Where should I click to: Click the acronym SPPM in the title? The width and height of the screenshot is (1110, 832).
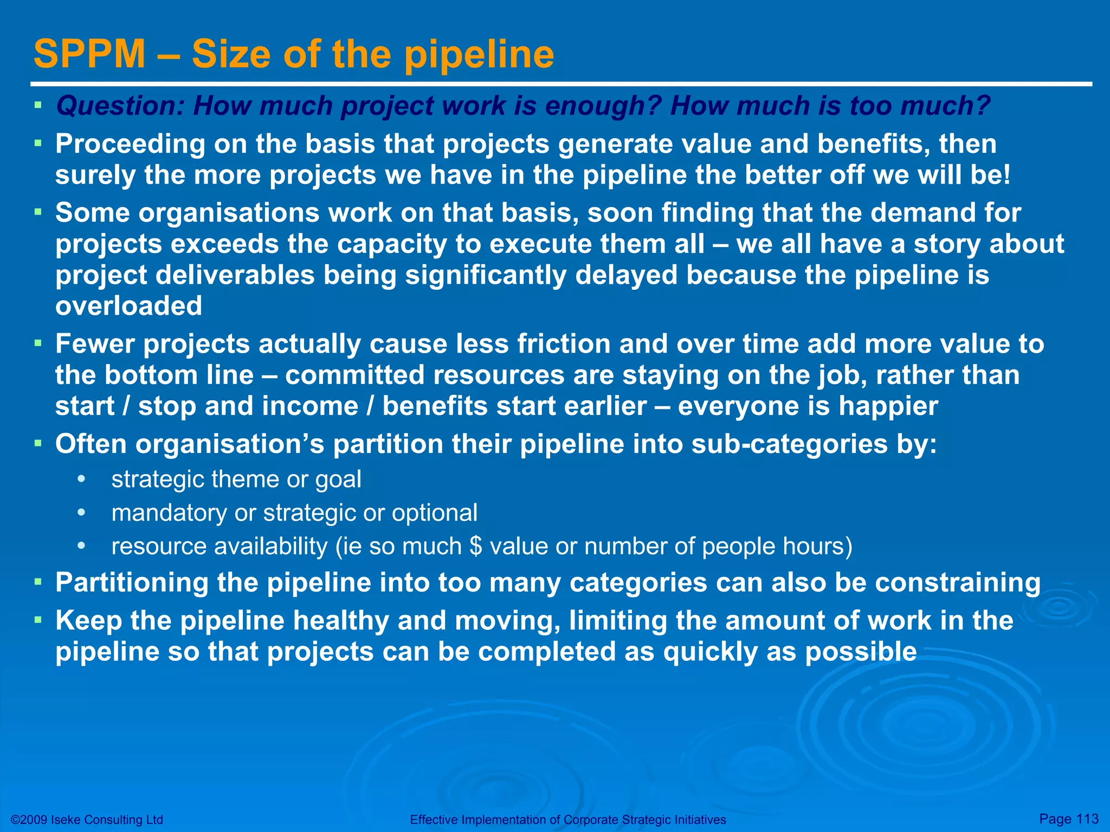pyautogui.click(x=89, y=54)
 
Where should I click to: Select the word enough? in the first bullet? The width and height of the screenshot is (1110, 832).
pyautogui.click(x=603, y=106)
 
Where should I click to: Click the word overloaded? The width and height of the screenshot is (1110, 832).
pyautogui.click(x=129, y=306)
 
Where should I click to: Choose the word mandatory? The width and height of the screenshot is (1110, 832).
pyautogui.click(x=169, y=513)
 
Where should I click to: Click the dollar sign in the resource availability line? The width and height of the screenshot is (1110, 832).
pyautogui.click(x=476, y=546)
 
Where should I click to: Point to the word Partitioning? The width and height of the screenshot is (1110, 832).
pyautogui.click(x=132, y=583)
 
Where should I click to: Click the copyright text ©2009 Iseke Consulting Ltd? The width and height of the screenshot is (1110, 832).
pyautogui.click(x=87, y=820)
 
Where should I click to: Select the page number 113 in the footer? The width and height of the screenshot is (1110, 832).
pyautogui.click(x=1087, y=818)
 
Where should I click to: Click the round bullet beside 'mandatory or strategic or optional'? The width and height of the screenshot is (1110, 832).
pyautogui.click(x=82, y=512)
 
